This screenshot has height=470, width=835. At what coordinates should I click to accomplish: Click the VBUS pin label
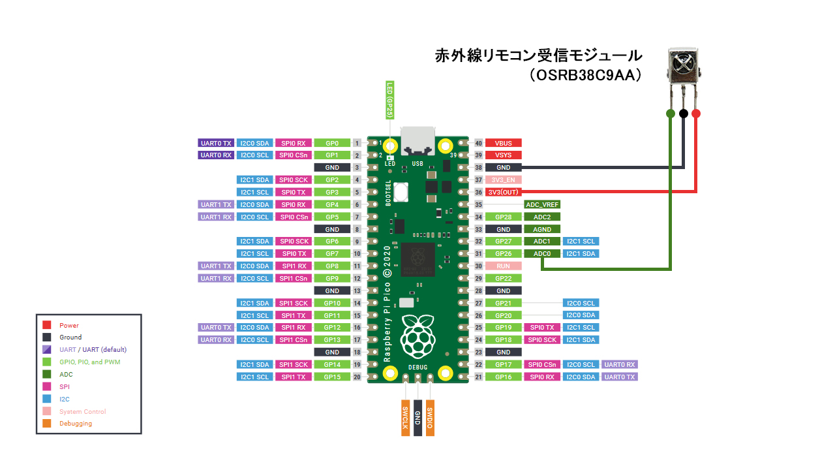pyautogui.click(x=503, y=143)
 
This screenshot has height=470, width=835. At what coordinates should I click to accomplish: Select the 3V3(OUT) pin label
pyautogui.click(x=503, y=192)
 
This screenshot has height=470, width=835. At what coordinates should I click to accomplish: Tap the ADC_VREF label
pyautogui.click(x=542, y=204)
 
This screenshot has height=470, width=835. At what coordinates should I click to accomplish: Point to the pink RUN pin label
pyautogui.click(x=503, y=266)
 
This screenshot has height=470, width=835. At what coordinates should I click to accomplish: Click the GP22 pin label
pyautogui.click(x=503, y=279)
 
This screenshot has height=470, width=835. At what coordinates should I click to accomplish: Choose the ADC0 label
pyautogui.click(x=542, y=254)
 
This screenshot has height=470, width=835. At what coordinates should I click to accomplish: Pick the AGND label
pyautogui.click(x=542, y=229)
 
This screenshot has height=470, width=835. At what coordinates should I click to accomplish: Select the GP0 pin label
pyautogui.click(x=332, y=143)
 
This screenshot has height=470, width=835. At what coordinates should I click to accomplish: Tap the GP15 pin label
pyautogui.click(x=332, y=377)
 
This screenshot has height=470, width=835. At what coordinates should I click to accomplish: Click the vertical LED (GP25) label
pyautogui.click(x=390, y=100)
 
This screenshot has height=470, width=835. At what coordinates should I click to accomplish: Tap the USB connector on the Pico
pyautogui.click(x=417, y=140)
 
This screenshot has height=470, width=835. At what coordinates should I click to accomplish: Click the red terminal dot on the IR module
pyautogui.click(x=696, y=114)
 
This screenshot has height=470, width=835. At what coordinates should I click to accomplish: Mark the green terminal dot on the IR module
pyautogui.click(x=670, y=114)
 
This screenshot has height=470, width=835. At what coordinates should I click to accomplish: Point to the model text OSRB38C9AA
pyautogui.click(x=586, y=76)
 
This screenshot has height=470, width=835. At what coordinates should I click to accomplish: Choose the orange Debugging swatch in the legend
pyautogui.click(x=47, y=423)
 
